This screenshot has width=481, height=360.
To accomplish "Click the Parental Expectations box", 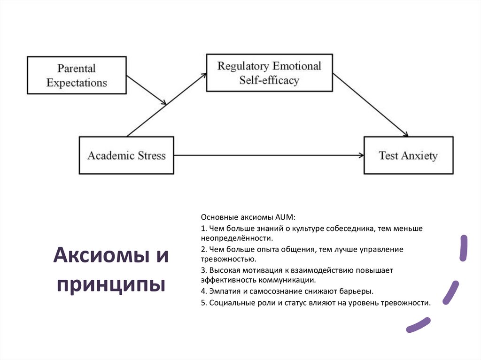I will click(x=77, y=75).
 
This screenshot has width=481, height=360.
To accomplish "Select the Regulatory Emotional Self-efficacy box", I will click(x=269, y=73).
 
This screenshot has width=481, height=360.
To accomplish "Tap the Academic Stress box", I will click(x=126, y=155).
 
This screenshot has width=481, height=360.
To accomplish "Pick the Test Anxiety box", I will click(x=408, y=155).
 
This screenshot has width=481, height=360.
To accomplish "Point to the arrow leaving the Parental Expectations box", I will click(x=147, y=90).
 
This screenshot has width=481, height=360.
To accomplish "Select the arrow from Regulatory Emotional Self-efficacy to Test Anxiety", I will click(x=371, y=105).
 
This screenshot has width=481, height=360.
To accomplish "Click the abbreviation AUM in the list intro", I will click(x=285, y=217).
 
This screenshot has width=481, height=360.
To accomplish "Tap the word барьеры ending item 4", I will click(x=358, y=291).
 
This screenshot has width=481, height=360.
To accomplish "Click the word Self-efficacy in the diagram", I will click(x=269, y=80).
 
